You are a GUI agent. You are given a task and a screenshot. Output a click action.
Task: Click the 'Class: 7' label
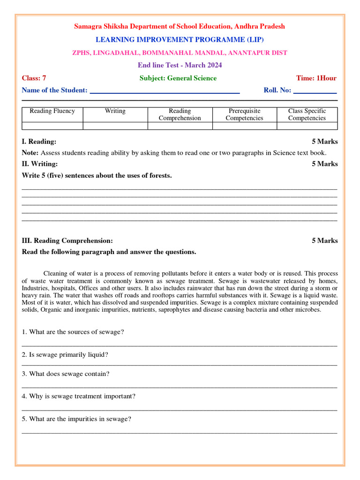[x=34, y=78]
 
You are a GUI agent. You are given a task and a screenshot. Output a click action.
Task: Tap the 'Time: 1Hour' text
[x=316, y=78]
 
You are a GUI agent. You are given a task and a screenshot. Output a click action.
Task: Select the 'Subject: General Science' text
[x=178, y=78]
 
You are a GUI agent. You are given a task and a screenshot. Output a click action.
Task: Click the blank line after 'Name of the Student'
[x=165, y=92]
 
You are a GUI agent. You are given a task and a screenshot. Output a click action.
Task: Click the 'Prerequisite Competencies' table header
[x=244, y=114]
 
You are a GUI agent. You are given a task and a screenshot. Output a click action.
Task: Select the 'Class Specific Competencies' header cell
[x=307, y=114]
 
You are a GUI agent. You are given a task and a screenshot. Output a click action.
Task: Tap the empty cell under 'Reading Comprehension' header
[x=180, y=126]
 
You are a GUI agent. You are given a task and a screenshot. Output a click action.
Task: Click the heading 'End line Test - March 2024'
[x=180, y=65]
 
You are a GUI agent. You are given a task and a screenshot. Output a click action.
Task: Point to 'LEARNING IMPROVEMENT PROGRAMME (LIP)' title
[x=180, y=40]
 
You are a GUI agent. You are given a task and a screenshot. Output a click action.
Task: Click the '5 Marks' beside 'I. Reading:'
[x=324, y=142]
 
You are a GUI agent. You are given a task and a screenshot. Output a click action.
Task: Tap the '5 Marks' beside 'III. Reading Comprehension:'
[x=324, y=240]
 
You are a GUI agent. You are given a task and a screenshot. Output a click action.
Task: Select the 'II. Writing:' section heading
[x=40, y=164]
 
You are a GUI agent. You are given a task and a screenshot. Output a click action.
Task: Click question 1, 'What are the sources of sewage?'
[x=73, y=332]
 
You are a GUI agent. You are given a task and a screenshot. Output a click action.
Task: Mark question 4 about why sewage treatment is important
[x=78, y=396]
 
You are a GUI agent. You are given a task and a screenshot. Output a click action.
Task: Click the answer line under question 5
[x=180, y=432]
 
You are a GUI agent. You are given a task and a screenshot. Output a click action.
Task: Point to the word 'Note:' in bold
[x=30, y=153]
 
